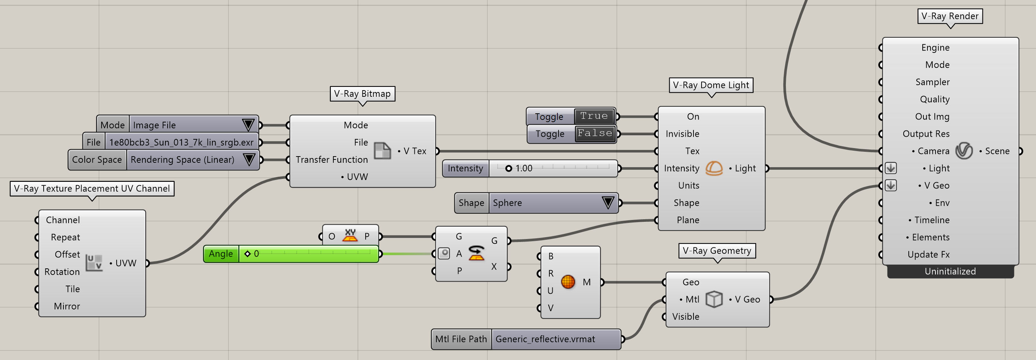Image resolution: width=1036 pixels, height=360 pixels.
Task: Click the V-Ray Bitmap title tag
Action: click(x=362, y=94)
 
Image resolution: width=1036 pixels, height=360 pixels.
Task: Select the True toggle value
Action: click(x=594, y=116)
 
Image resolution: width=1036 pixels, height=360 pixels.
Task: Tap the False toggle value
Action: click(x=595, y=133)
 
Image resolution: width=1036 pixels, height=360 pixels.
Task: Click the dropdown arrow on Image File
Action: click(x=248, y=125)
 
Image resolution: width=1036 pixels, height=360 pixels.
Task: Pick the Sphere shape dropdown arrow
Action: click(x=608, y=202)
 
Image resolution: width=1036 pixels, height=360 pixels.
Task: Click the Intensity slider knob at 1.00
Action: click(x=509, y=169)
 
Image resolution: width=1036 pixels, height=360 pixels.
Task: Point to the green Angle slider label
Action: click(x=221, y=254)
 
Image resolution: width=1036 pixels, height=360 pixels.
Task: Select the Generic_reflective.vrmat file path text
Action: click(x=545, y=339)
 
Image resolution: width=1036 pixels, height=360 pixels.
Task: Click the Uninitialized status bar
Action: click(x=950, y=272)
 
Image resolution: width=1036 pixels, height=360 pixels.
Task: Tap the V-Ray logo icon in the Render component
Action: click(x=964, y=151)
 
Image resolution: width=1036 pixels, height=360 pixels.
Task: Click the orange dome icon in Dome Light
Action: click(x=714, y=168)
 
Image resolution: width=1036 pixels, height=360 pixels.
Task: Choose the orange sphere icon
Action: click(x=568, y=282)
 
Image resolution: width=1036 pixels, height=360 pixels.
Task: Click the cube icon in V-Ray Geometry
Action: click(x=714, y=299)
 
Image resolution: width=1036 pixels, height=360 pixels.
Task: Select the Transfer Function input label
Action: click(x=332, y=160)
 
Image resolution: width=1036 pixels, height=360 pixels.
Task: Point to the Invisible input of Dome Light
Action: click(x=682, y=133)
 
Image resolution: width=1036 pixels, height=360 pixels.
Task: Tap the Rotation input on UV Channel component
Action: click(x=62, y=272)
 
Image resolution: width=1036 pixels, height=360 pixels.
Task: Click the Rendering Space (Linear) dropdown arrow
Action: click(x=249, y=159)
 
